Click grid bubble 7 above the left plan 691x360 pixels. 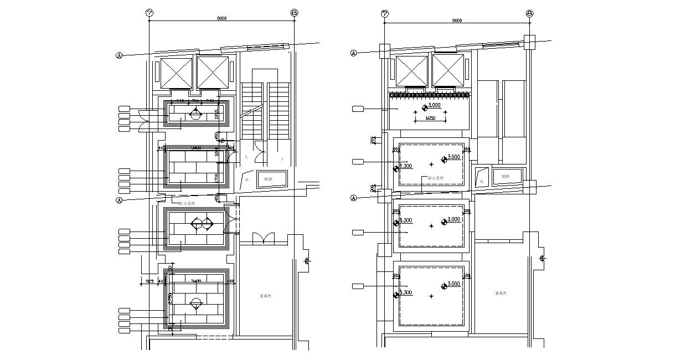tap(149, 13)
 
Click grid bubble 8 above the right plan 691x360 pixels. tap(530, 13)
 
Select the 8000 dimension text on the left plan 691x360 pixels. tap(222, 19)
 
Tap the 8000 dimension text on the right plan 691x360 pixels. tap(457, 20)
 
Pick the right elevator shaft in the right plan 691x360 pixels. tap(448, 71)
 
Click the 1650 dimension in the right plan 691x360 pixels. tap(430, 118)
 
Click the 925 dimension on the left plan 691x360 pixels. tap(149, 281)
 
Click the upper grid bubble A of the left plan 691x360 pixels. tap(118, 55)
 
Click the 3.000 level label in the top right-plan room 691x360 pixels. tap(434, 105)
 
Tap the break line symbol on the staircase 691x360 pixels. tap(250, 112)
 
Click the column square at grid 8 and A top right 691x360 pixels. tap(529, 42)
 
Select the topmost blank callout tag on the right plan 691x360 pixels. tap(358, 109)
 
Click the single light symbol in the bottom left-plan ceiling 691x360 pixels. tap(195, 302)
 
